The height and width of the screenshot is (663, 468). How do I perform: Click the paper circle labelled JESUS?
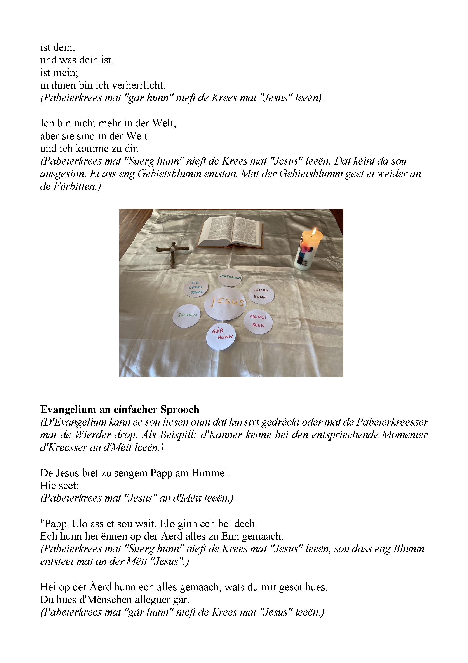click(x=225, y=303)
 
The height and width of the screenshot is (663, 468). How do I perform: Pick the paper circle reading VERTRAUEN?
click(x=230, y=277)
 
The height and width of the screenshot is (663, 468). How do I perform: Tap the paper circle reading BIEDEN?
click(x=187, y=316)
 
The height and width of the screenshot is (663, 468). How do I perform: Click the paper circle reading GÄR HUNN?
click(x=221, y=335)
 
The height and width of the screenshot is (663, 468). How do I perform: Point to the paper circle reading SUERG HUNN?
click(x=261, y=294)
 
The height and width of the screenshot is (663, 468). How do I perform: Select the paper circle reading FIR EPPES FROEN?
click(x=196, y=288)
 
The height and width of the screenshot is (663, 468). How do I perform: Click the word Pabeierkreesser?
click(x=392, y=422)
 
